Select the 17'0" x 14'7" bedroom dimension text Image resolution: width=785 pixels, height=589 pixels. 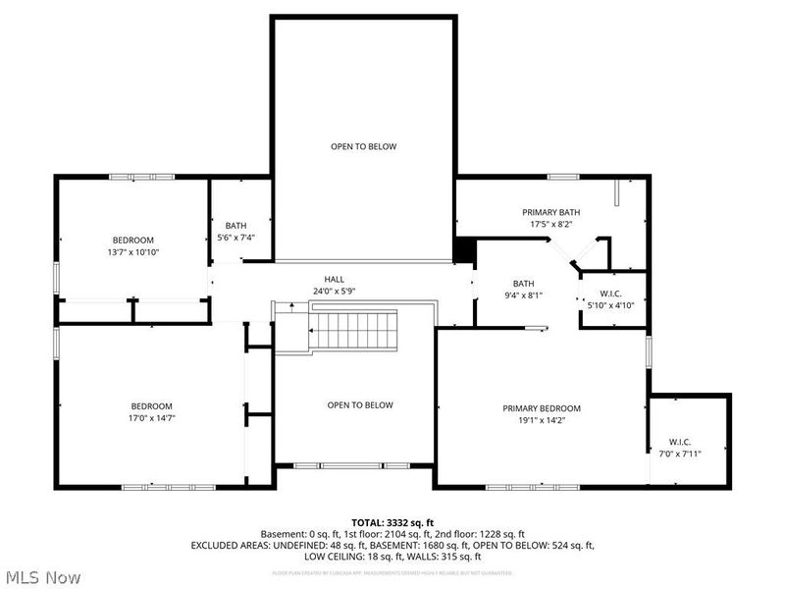point(152,418)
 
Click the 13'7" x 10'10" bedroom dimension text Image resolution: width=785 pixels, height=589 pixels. point(132,252)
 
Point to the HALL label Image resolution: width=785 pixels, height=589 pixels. point(335,279)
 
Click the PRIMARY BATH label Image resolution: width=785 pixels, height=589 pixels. point(550,212)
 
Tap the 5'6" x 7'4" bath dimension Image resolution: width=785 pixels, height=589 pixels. point(235,238)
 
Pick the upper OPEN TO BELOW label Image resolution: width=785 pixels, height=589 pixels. point(363,146)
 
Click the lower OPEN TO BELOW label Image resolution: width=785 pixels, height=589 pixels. point(360,405)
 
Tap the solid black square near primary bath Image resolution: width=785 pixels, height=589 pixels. point(465,250)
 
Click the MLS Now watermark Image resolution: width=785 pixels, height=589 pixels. point(43,577)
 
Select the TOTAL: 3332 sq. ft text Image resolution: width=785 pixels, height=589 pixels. point(392,521)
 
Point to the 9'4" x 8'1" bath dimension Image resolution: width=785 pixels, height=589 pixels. point(523,294)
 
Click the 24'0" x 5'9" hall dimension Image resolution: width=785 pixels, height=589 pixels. point(335,291)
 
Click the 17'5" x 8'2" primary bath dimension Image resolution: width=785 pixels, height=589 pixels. point(550,224)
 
